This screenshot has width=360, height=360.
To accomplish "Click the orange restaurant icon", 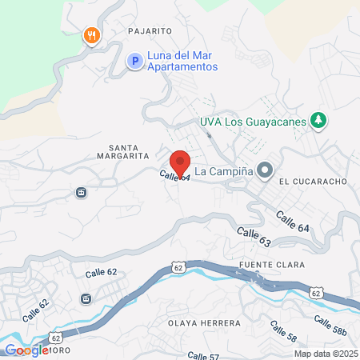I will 92,35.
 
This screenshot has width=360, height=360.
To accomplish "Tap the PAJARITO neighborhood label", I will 150,30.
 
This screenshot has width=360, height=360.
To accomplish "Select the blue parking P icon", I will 135,60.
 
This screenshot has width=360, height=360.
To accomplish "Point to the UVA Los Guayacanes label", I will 254,122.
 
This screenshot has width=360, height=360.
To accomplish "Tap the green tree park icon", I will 319,121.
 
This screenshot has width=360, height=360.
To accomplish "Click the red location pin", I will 181,163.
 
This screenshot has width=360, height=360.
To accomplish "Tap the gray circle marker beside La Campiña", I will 266,171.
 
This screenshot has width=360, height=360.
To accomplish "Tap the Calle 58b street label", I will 329,326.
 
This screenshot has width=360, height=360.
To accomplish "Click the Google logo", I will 26,350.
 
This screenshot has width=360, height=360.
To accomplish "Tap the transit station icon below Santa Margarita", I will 81,192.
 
